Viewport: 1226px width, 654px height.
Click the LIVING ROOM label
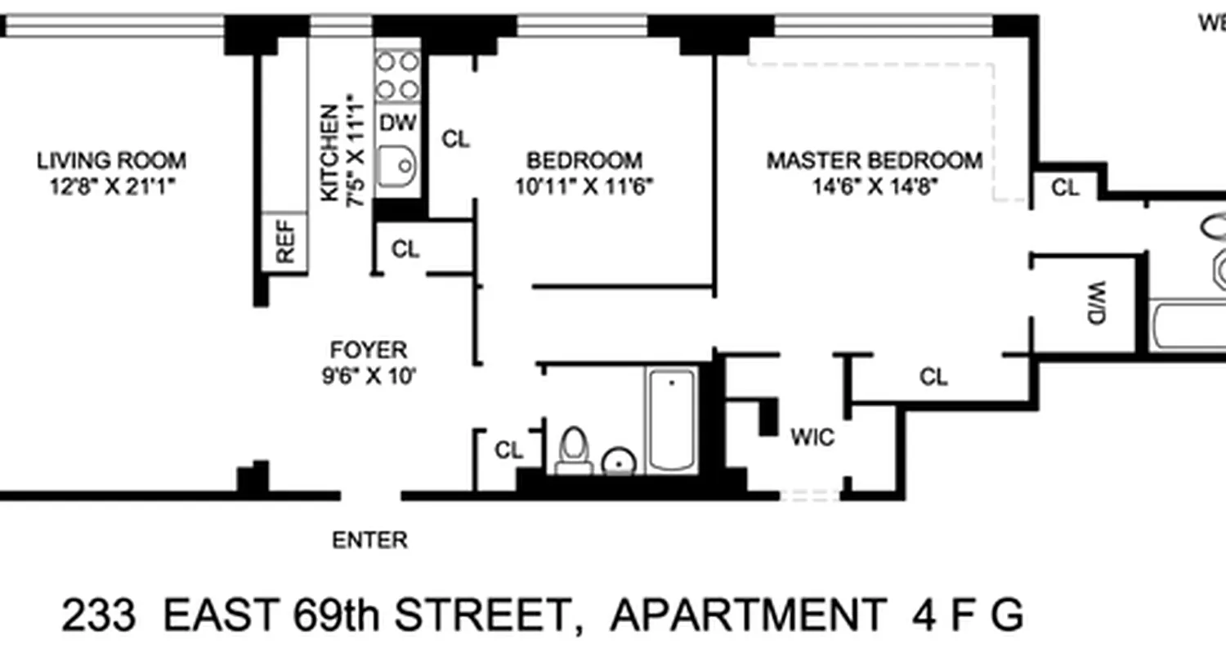pos(111,160)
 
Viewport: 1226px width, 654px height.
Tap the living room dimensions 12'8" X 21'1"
pos(113,187)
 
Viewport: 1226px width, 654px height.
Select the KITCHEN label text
pos(329,153)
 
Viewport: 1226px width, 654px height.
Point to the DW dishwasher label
pos(398,123)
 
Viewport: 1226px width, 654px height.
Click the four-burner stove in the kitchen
pos(397,75)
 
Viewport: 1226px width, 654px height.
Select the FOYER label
pos(368,350)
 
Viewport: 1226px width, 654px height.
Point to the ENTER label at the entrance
pos(369,540)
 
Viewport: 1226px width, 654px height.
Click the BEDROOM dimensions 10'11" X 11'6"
pos(584,187)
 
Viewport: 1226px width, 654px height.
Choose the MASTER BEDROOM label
pos(874,160)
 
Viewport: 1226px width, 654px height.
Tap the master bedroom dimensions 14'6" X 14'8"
pos(874,187)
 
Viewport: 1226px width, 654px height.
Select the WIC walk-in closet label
pos(812,437)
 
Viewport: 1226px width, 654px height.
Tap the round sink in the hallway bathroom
pos(619,463)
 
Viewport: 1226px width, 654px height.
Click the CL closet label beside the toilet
pos(508,450)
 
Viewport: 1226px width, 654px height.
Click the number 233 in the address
pos(99,615)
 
